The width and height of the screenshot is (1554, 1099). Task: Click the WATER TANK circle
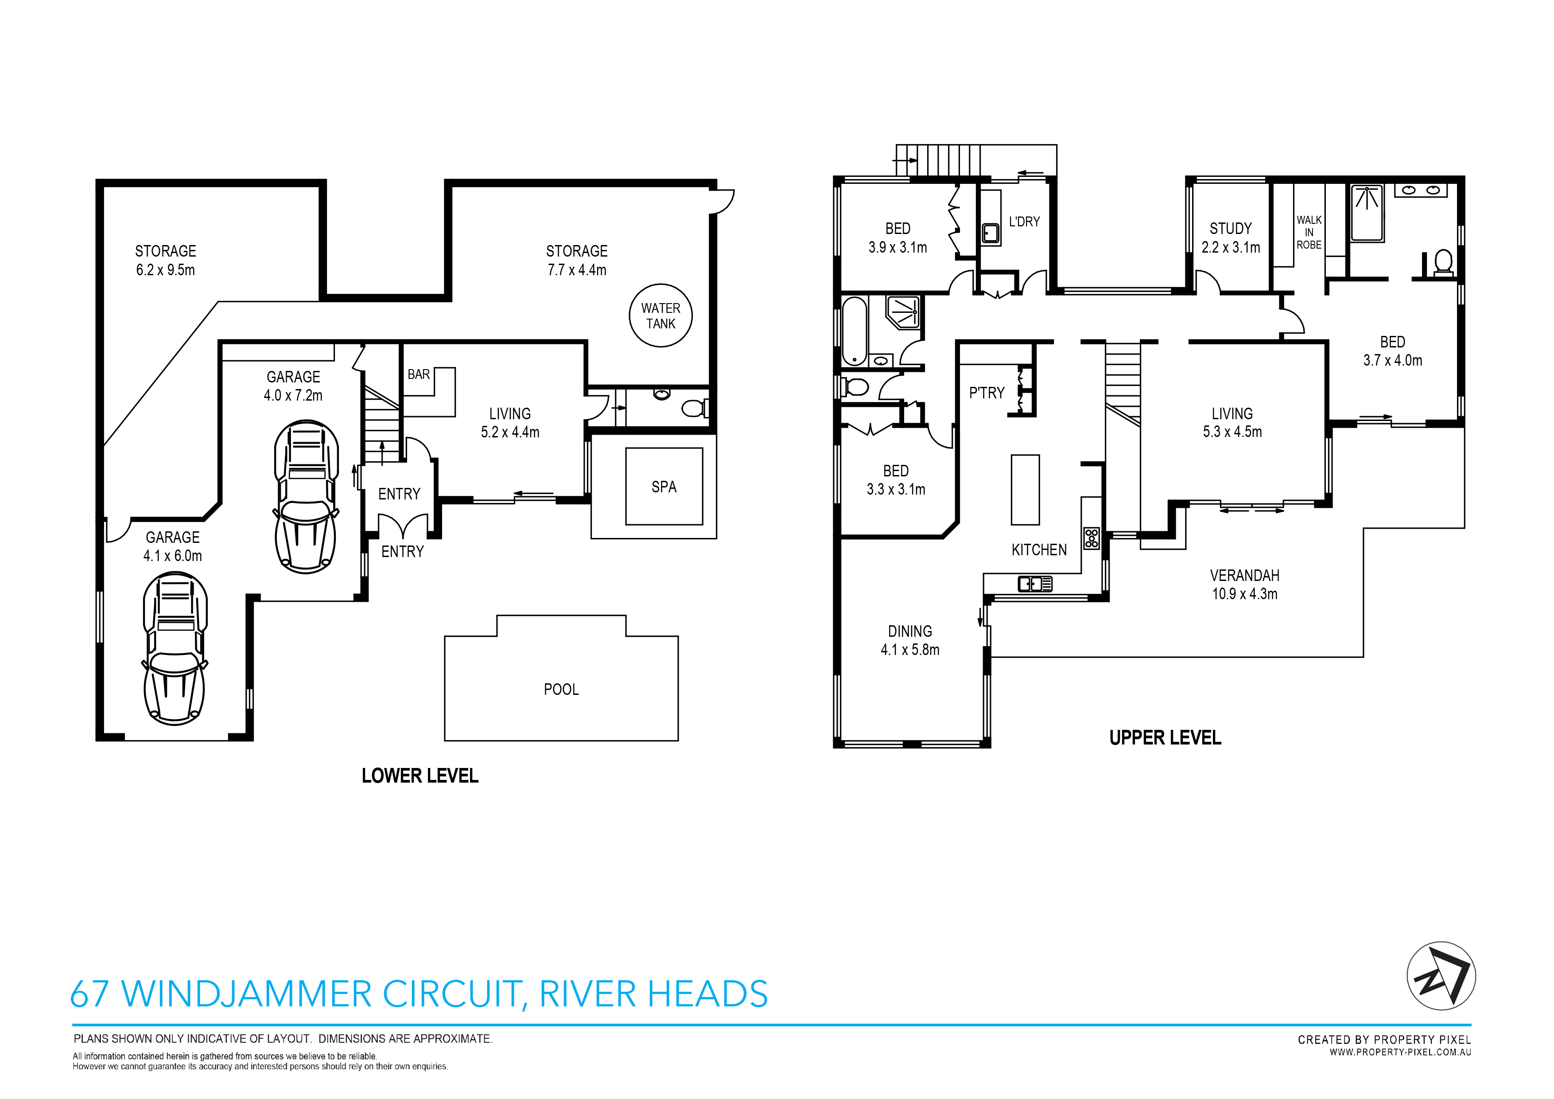pyautogui.click(x=660, y=316)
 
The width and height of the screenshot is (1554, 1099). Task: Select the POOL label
pyautogui.click(x=561, y=690)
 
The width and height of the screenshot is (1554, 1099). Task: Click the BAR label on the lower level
pyautogui.click(x=418, y=374)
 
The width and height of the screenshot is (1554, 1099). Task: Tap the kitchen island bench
pyautogui.click(x=1025, y=490)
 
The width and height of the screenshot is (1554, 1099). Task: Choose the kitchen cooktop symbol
pyautogui.click(x=1091, y=538)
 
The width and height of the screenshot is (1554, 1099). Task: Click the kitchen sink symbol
pyautogui.click(x=1035, y=583)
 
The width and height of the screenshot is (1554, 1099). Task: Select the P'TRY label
pyautogui.click(x=986, y=393)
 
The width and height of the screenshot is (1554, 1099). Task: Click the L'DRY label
pyautogui.click(x=1024, y=222)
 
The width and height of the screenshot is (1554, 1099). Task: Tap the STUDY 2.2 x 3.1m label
pyautogui.click(x=1231, y=238)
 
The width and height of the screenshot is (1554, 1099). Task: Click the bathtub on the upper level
pyautogui.click(x=854, y=331)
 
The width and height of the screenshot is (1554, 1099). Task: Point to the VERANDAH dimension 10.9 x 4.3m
pyautogui.click(x=1244, y=594)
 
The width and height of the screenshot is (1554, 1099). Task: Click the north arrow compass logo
pyautogui.click(x=1441, y=976)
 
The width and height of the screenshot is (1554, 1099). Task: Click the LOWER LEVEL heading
pyautogui.click(x=420, y=776)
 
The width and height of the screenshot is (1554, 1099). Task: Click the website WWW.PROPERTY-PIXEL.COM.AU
pyautogui.click(x=1400, y=1052)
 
